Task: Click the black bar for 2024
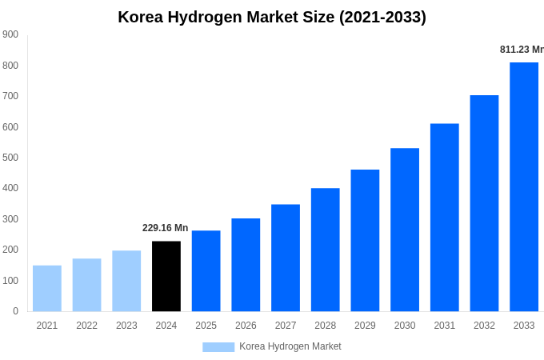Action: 166,276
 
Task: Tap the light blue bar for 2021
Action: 47,288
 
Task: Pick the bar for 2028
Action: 326,250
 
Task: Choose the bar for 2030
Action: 405,230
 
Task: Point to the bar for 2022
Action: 86,285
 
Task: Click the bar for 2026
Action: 246,265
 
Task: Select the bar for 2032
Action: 484,203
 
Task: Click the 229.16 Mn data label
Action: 166,228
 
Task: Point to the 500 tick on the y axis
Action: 10,158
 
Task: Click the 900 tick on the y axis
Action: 10,34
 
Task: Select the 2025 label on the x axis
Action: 206,326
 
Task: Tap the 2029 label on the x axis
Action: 365,326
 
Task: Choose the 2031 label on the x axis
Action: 444,326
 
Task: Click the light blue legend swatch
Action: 218,347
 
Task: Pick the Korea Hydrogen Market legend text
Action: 290,346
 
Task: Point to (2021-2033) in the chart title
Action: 382,17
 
